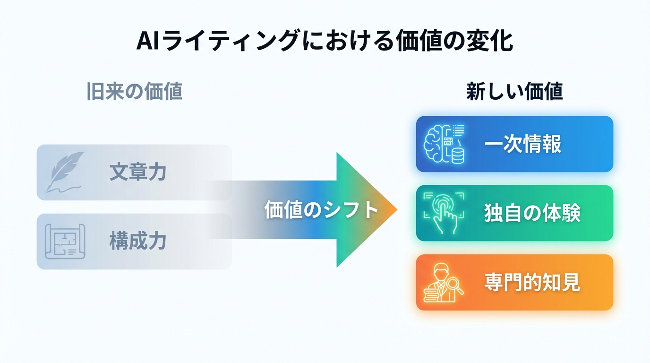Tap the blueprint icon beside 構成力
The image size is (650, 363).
pyautogui.click(x=65, y=241)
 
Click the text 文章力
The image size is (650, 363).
pyautogui.click(x=138, y=172)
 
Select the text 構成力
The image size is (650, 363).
pyautogui.click(x=138, y=242)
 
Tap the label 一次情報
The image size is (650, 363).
pyautogui.click(x=522, y=144)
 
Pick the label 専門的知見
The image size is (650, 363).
pyautogui.click(x=532, y=283)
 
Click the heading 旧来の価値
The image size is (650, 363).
pyautogui.click(x=135, y=92)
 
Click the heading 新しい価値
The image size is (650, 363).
pyautogui.click(x=514, y=92)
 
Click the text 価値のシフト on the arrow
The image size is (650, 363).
pyautogui.click(x=322, y=209)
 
